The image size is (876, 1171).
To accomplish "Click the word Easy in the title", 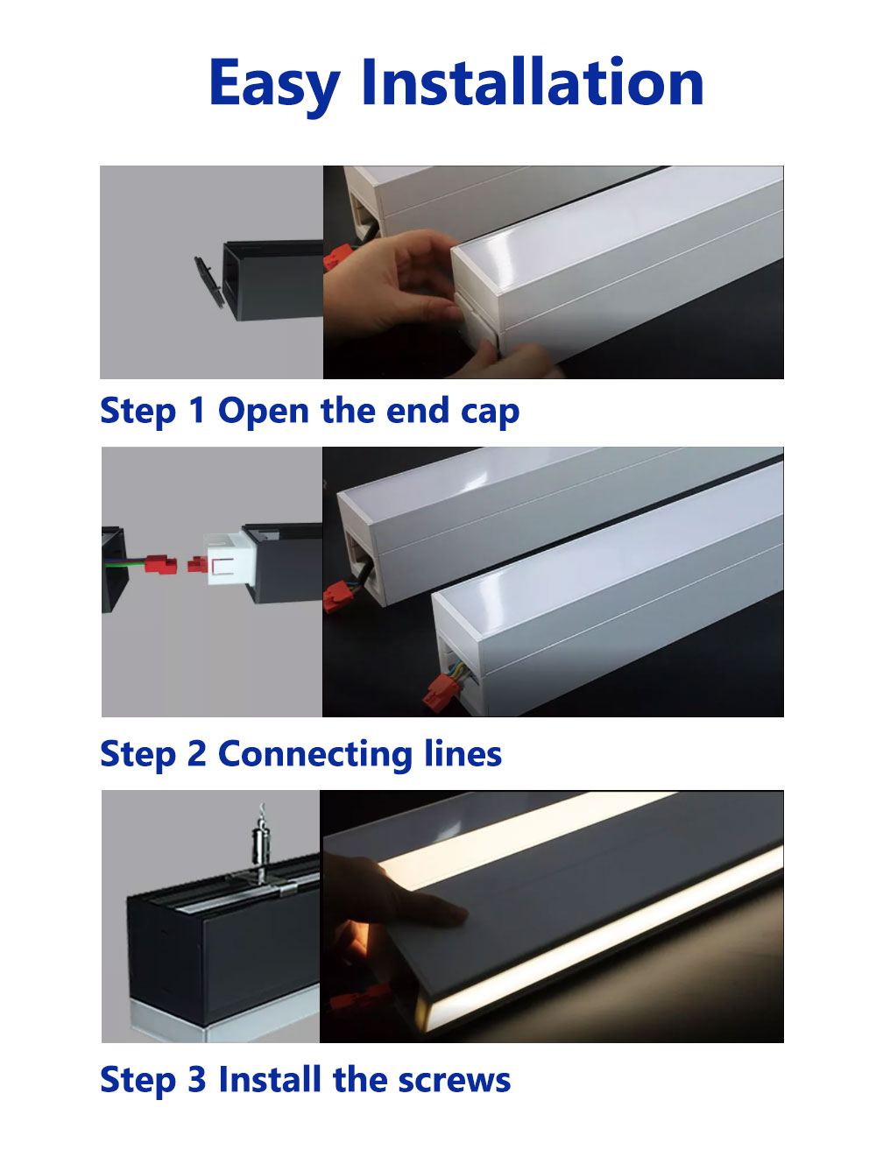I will (274, 84).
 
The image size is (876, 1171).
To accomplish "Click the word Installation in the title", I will (532, 82).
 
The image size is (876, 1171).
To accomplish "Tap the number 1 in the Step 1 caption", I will (196, 411).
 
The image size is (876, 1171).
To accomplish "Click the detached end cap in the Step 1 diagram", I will (208, 282).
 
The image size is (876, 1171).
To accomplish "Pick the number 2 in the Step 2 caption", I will (196, 754).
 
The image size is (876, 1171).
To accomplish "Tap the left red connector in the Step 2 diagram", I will (160, 563).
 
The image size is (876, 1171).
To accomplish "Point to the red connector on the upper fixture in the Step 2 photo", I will (336, 597).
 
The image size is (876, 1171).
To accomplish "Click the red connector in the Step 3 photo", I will (359, 998).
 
